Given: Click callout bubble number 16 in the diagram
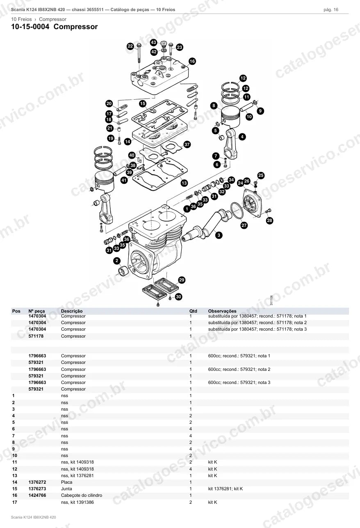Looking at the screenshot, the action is (x=192, y=61).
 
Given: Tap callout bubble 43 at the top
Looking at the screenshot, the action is (x=154, y=42).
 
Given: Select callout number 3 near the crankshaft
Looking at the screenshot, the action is (x=219, y=235).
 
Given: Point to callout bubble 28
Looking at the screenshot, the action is (x=269, y=221).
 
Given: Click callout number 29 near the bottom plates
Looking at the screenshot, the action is (x=181, y=280).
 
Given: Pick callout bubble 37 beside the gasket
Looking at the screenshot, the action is (x=187, y=144).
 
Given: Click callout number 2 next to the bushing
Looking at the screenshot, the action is (x=117, y=261).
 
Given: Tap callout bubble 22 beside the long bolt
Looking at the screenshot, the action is (x=130, y=46).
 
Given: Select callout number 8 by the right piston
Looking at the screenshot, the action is (x=214, y=105).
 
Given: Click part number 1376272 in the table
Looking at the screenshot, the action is (x=37, y=482).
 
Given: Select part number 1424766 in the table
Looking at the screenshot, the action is (x=37, y=495).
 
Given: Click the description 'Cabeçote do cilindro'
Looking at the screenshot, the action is (x=82, y=495).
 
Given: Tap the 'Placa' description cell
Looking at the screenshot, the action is (x=67, y=482).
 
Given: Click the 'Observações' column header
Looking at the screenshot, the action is (x=222, y=311).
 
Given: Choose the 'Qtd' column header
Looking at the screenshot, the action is (x=193, y=311).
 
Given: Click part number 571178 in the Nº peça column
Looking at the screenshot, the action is (x=36, y=336).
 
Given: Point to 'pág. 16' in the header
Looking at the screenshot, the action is (x=331, y=10).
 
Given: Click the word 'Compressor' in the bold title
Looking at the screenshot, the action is (x=75, y=27).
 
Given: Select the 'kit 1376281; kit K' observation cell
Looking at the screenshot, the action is (x=226, y=489).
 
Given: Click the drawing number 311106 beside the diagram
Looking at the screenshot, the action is (x=271, y=300).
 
